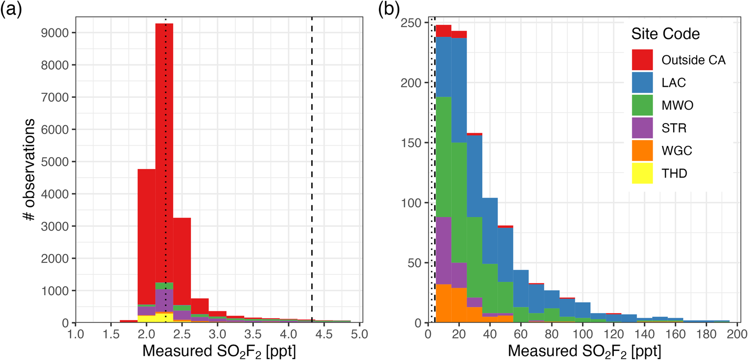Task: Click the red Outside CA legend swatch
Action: pos(642,59)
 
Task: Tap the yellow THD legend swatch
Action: pos(642,173)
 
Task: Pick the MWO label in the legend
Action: pos(677,105)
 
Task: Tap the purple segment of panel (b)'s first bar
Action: pos(443,249)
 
